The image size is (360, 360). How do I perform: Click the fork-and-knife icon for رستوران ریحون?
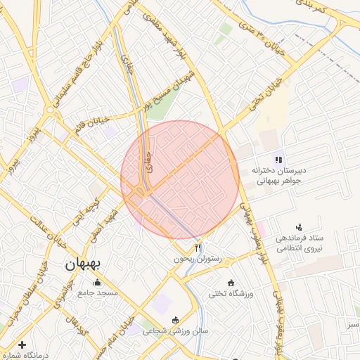click(x=198, y=248)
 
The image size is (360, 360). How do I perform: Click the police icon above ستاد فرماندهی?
click(x=300, y=226)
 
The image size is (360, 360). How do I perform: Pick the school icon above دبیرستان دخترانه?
click(x=278, y=159)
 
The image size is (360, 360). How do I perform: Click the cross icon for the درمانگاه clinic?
click(x=22, y=345)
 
